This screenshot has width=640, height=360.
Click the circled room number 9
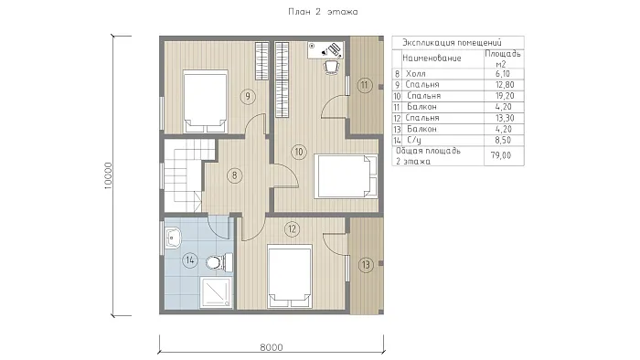(248, 96)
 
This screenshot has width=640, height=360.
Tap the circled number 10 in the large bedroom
(299, 152)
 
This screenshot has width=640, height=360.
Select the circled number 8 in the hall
(234, 175)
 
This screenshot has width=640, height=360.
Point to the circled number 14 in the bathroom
(190, 260)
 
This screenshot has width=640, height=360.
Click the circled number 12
(292, 228)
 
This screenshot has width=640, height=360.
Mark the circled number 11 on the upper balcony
(364, 85)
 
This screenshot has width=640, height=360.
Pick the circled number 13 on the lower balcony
(366, 265)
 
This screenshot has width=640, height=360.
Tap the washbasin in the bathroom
(173, 238)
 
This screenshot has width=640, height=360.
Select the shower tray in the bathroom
(215, 291)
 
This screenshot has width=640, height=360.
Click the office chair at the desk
(332, 68)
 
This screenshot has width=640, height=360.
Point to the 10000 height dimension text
(108, 175)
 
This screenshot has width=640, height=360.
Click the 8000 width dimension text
(272, 347)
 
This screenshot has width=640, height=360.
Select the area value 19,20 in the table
(504, 96)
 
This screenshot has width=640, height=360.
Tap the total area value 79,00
(501, 155)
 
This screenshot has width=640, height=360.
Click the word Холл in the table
(415, 74)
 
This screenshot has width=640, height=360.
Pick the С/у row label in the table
(414, 140)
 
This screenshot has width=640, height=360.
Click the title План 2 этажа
(323, 11)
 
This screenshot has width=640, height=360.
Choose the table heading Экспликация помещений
(452, 42)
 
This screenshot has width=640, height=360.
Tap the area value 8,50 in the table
(503, 140)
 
